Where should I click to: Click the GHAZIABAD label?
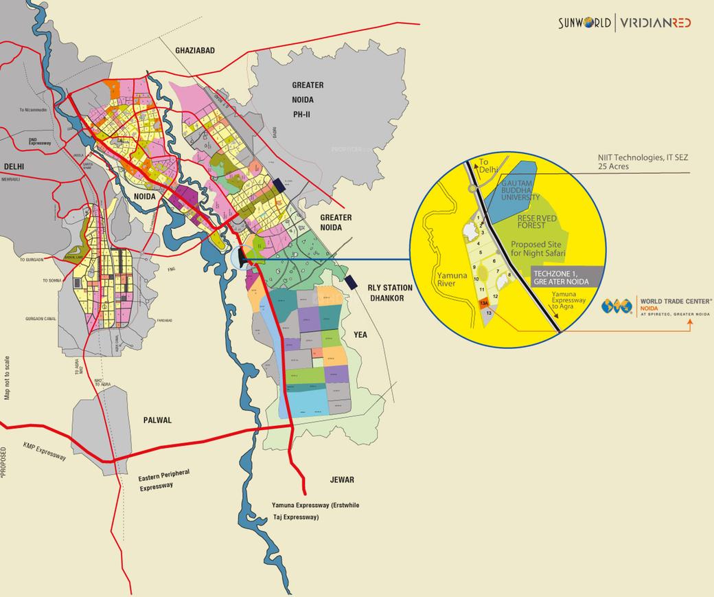click(x=196, y=51)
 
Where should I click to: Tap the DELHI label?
click(x=14, y=166)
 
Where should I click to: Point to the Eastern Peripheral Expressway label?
click(x=163, y=480)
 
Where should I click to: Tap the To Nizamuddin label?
click(x=32, y=110)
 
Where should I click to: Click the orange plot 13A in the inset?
click(x=484, y=304)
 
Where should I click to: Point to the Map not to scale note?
click(x=8, y=378)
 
